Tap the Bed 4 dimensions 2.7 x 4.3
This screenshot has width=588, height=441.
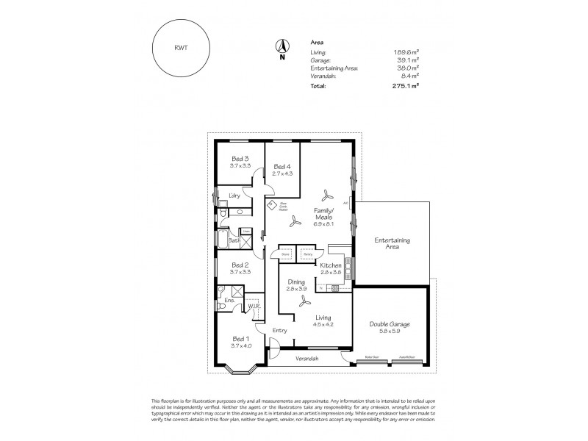click(282, 173)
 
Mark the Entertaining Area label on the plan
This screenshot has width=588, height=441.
click(392, 244)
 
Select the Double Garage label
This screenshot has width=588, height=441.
click(390, 324)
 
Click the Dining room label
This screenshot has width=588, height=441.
click(296, 282)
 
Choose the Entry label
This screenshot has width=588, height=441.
click(279, 331)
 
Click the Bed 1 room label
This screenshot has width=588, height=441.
click(241, 338)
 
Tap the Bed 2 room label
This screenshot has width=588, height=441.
click(241, 265)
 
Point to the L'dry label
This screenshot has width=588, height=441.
click(235, 195)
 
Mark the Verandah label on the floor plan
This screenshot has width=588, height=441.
click(307, 358)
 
